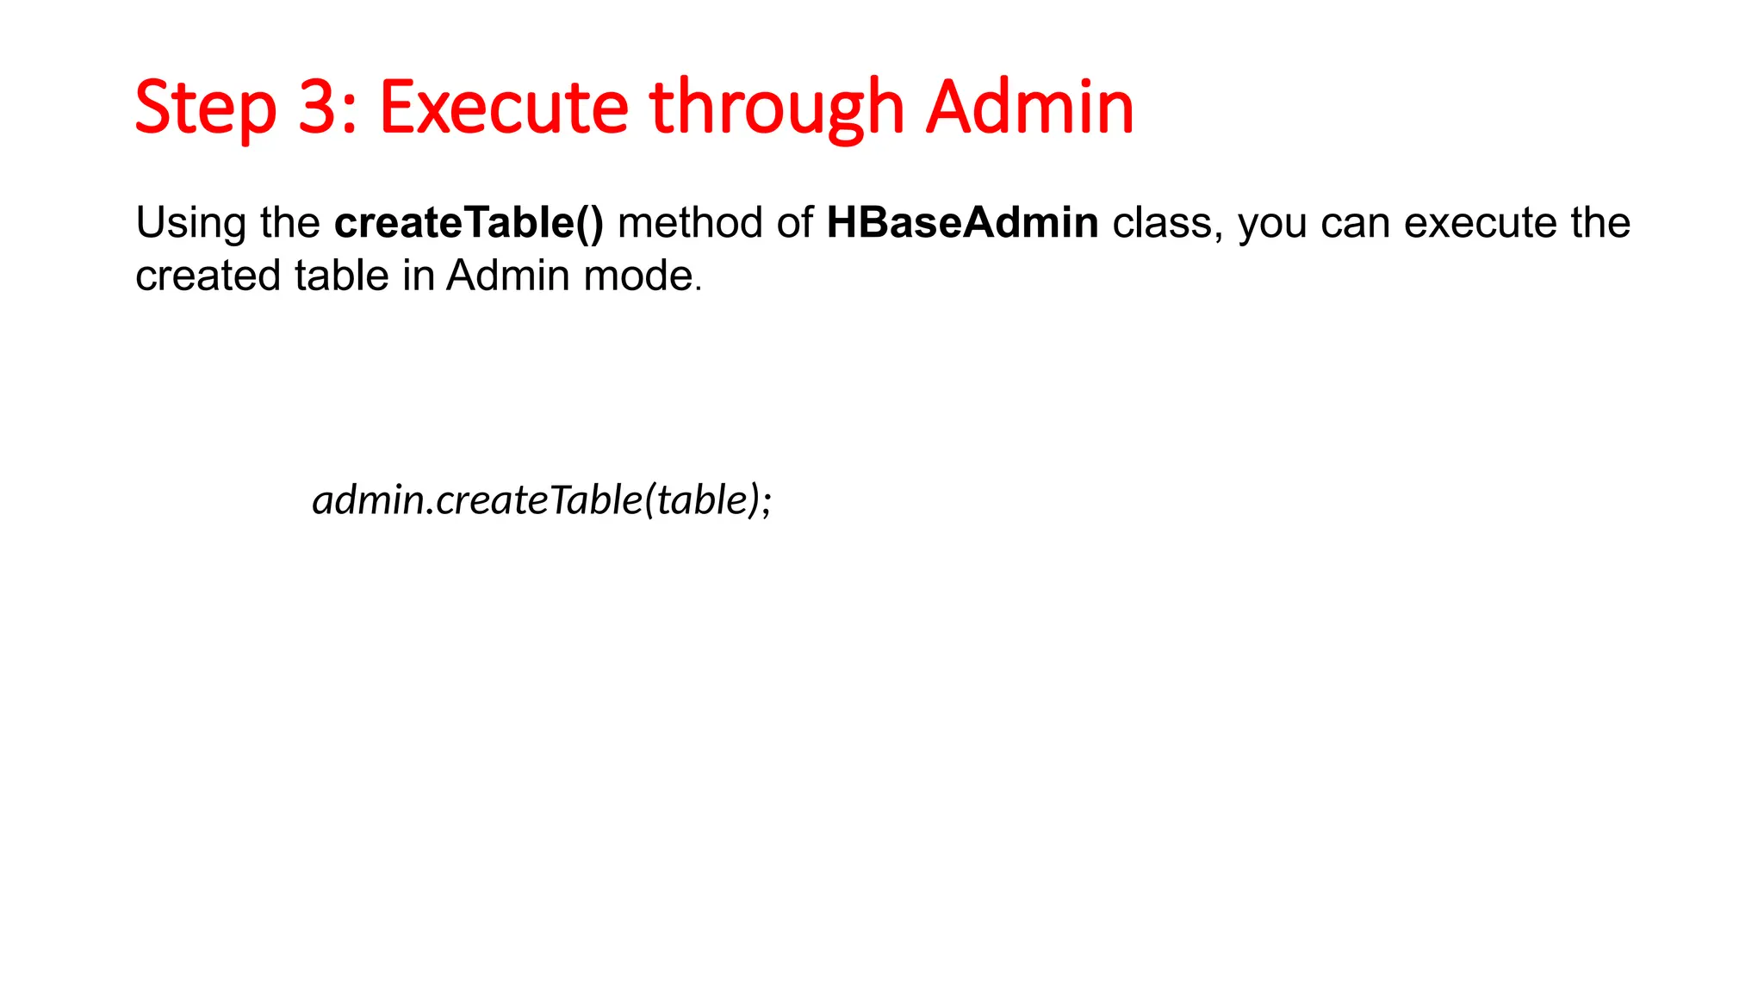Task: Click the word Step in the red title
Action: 205,108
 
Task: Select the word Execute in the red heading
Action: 504,108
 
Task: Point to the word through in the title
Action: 776,108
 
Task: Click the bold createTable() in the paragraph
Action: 469,223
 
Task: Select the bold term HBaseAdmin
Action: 962,223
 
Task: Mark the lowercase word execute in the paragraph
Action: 1479,223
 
